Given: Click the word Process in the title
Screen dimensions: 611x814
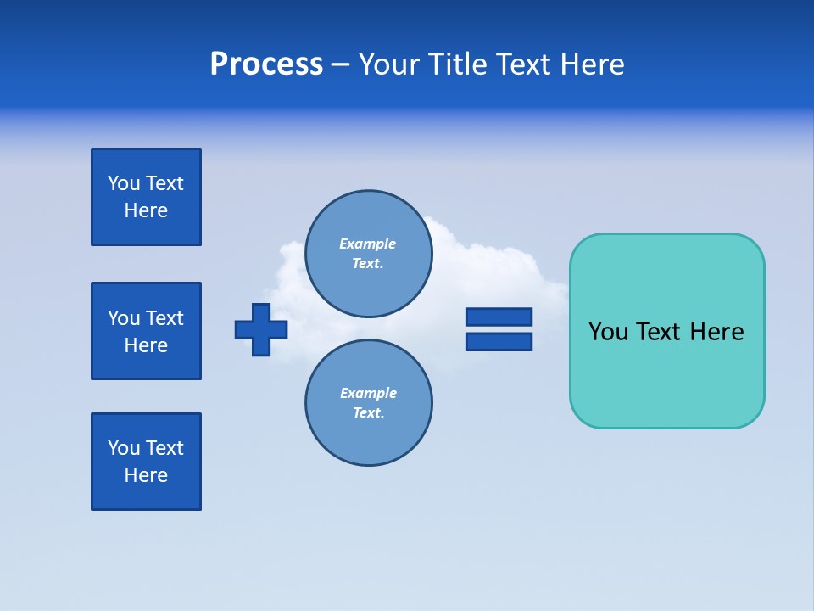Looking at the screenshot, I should point(266,64).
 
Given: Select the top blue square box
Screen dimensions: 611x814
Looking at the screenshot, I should point(146,197).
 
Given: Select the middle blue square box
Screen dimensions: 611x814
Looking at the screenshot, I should point(146,331).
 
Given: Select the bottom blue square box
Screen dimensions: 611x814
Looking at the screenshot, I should point(146,462).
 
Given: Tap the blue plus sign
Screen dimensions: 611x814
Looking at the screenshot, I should point(261,329).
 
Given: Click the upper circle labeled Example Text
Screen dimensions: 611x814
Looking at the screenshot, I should point(369,253).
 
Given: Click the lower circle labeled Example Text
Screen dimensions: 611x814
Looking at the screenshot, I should point(369,402).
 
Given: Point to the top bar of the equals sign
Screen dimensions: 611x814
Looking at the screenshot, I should point(499,317).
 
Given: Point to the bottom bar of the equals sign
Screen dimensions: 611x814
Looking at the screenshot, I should point(499,341).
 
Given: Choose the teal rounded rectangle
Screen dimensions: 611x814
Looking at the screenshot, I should point(666,373).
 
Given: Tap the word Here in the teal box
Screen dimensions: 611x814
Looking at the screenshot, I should point(716,332).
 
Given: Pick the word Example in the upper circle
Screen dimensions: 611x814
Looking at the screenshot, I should point(367,244).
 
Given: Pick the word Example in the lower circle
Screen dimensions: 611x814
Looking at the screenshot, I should point(368,393).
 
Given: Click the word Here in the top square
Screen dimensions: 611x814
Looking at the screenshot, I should point(146,210).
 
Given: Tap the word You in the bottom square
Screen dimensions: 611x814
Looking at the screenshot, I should point(124,448).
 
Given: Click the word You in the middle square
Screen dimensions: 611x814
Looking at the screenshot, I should point(124,318).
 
